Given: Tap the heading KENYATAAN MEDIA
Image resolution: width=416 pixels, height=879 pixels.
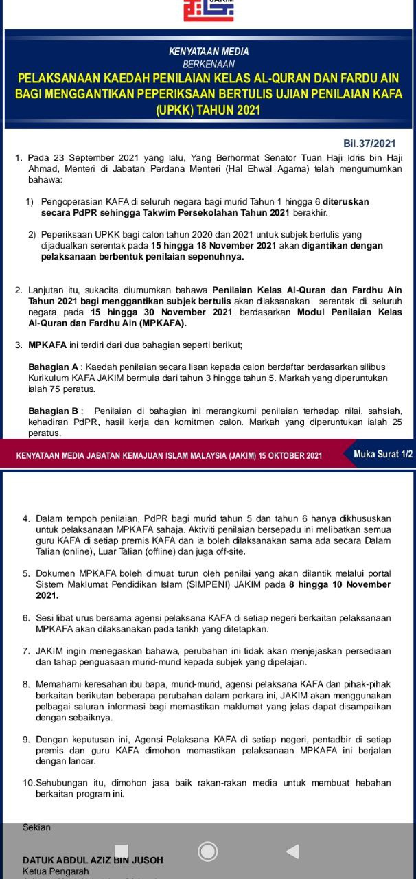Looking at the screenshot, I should [209, 52].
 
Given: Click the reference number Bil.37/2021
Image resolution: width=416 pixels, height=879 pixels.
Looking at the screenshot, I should [369, 144].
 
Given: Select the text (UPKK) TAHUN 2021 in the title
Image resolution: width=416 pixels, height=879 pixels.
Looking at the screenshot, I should [208, 110].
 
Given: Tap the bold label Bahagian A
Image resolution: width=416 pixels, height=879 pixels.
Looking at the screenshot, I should [52, 367].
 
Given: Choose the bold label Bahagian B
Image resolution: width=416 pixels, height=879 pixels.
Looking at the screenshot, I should [52, 411].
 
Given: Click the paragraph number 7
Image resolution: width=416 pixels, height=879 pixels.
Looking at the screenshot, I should [25, 651].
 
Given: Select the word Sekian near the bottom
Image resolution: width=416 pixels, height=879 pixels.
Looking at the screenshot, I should [37, 827].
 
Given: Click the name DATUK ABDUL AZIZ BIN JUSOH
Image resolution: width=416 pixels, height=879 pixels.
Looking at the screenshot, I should [93, 860].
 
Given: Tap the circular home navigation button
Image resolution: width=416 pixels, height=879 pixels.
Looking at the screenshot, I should [207, 852].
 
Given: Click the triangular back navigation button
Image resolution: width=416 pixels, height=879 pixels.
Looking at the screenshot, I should [292, 852].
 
